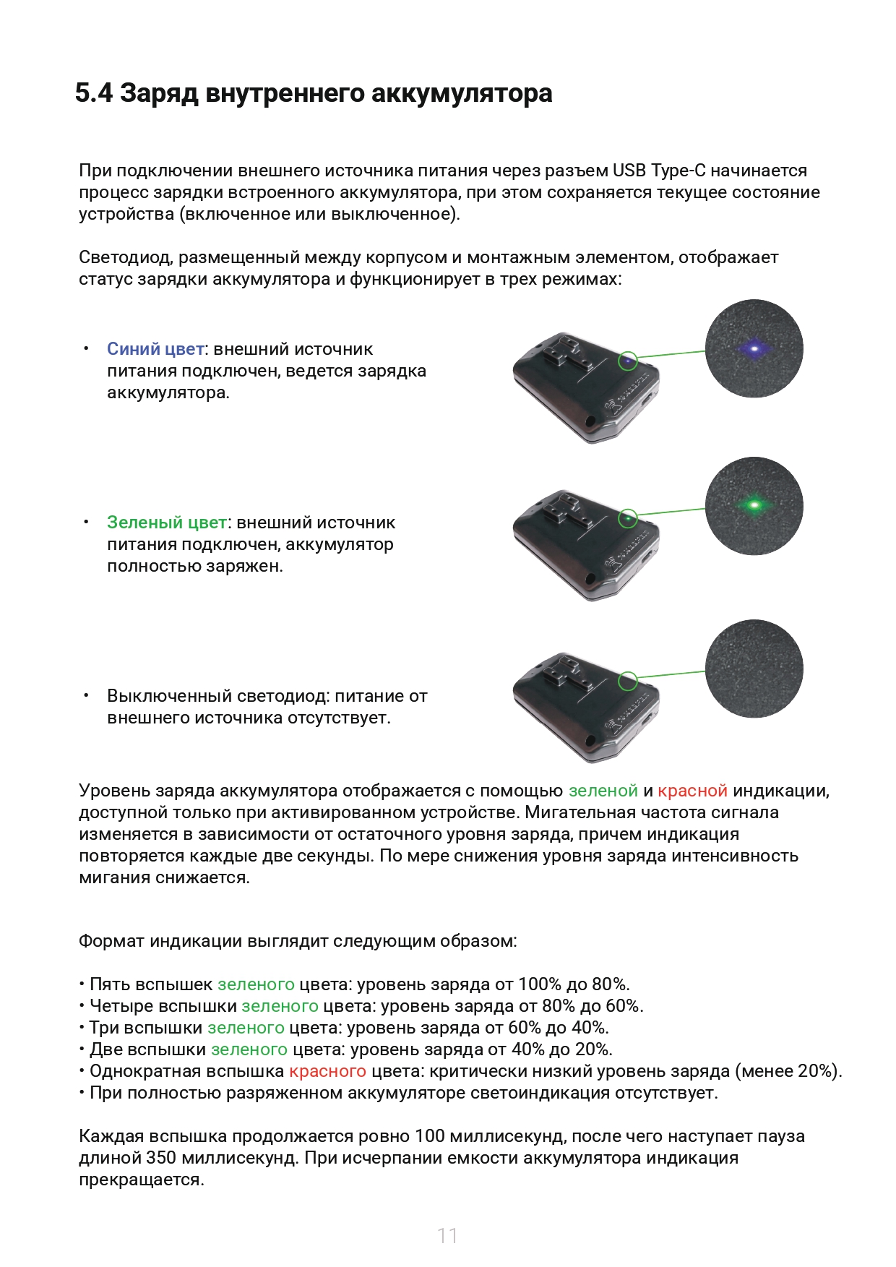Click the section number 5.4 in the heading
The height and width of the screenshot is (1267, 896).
click(93, 93)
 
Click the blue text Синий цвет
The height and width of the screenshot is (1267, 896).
click(155, 349)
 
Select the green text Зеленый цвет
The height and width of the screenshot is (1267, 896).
click(167, 523)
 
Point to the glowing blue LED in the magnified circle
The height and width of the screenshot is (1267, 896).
click(754, 349)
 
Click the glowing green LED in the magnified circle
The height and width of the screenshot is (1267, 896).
click(754, 504)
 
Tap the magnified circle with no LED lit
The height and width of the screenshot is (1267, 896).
click(754, 669)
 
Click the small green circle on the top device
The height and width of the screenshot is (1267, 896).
click(628, 360)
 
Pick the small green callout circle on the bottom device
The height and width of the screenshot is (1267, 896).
click(628, 680)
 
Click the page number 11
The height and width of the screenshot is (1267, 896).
click(447, 1235)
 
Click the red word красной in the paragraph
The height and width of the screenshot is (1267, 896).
click(692, 791)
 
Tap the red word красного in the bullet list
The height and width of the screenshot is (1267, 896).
click(327, 1071)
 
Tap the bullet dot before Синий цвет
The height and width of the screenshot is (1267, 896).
click(86, 349)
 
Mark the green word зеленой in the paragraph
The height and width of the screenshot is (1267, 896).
click(603, 791)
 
